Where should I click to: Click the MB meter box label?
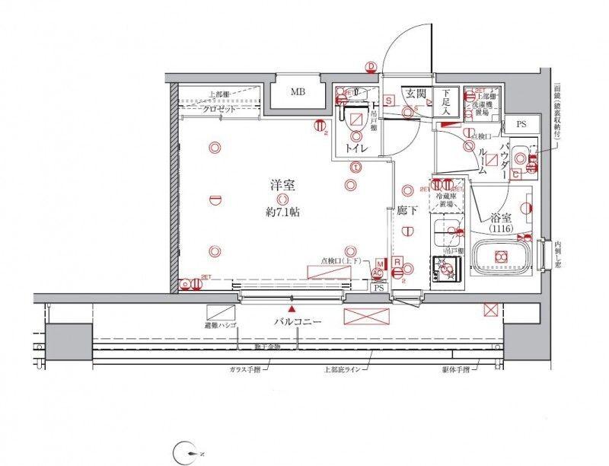coord(298,93)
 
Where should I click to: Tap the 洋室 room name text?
coord(282,185)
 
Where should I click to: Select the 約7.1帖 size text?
coord(282,212)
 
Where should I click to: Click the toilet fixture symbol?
coord(356,118)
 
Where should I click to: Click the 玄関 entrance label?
coord(415,94)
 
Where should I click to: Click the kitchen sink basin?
coord(443,231)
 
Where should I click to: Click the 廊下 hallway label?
coord(407,211)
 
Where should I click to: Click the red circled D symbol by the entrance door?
coord(371,67)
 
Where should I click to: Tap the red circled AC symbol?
coord(377,273)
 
